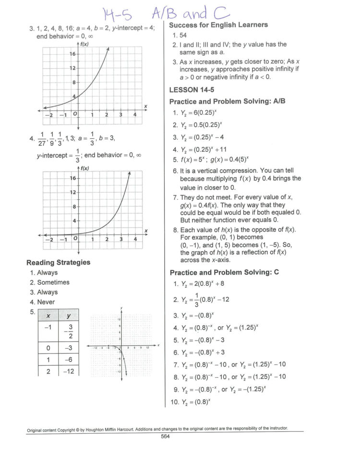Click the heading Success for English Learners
(218, 25)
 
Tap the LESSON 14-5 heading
(191, 90)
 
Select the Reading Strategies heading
(58, 262)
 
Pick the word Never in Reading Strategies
(46, 302)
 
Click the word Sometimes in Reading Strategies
(53, 282)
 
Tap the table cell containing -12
(68, 371)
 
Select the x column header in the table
(48, 315)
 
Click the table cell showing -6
(68, 359)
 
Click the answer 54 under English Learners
(183, 35)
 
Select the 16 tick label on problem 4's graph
(73, 178)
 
